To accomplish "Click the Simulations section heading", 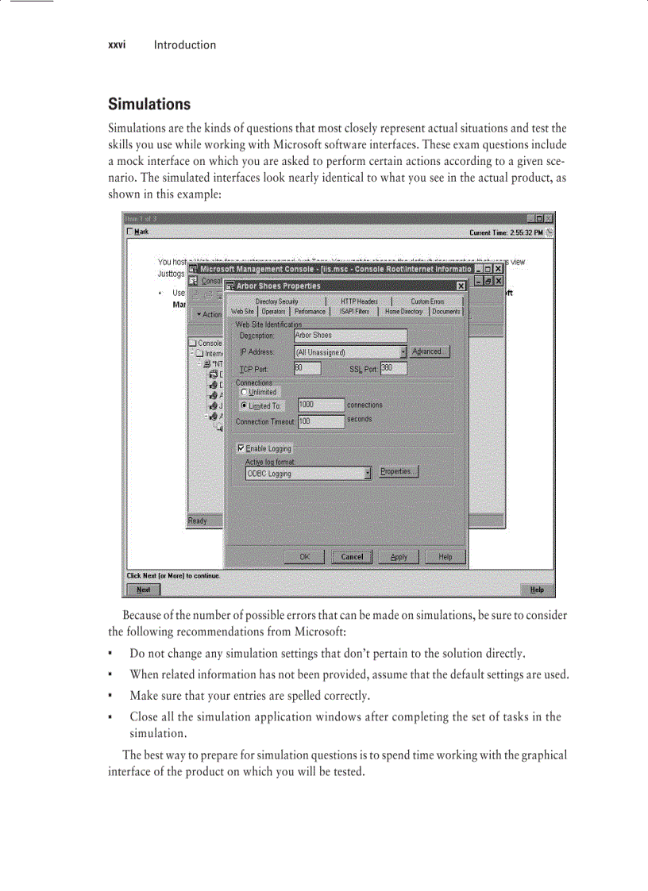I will (x=148, y=104).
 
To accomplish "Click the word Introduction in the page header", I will (x=184, y=45).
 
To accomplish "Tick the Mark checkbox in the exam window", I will (x=130, y=232).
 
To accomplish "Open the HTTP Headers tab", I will (x=359, y=301).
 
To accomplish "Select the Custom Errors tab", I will (x=427, y=301).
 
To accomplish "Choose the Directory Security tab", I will (x=276, y=301).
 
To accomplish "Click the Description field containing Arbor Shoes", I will (x=349, y=336).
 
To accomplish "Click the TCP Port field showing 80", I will (x=307, y=368).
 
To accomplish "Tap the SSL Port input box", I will (x=393, y=368).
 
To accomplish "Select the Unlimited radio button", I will (x=244, y=392).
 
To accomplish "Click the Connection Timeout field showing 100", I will (x=321, y=422).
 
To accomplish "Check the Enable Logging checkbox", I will (x=241, y=448).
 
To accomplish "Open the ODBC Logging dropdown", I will (x=368, y=474).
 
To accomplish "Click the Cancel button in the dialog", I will (x=352, y=557).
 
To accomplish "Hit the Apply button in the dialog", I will (x=399, y=557).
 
